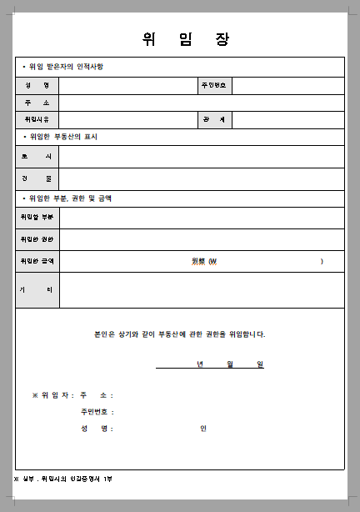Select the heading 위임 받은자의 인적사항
(67, 67)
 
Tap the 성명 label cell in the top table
(37, 86)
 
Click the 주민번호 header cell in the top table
(214, 86)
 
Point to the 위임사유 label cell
(37, 120)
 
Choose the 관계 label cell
(214, 120)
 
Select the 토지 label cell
(37, 157)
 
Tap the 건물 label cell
(37, 178)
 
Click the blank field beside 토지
(201, 157)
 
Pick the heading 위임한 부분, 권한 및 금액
(71, 198)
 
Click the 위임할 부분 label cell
(37, 218)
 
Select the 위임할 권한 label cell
(37, 239)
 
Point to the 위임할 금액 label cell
(37, 261)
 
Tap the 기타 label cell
(37, 289)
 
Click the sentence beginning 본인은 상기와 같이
(180, 334)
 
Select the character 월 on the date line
(229, 364)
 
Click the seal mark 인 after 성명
(202, 429)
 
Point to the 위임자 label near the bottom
(55, 395)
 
